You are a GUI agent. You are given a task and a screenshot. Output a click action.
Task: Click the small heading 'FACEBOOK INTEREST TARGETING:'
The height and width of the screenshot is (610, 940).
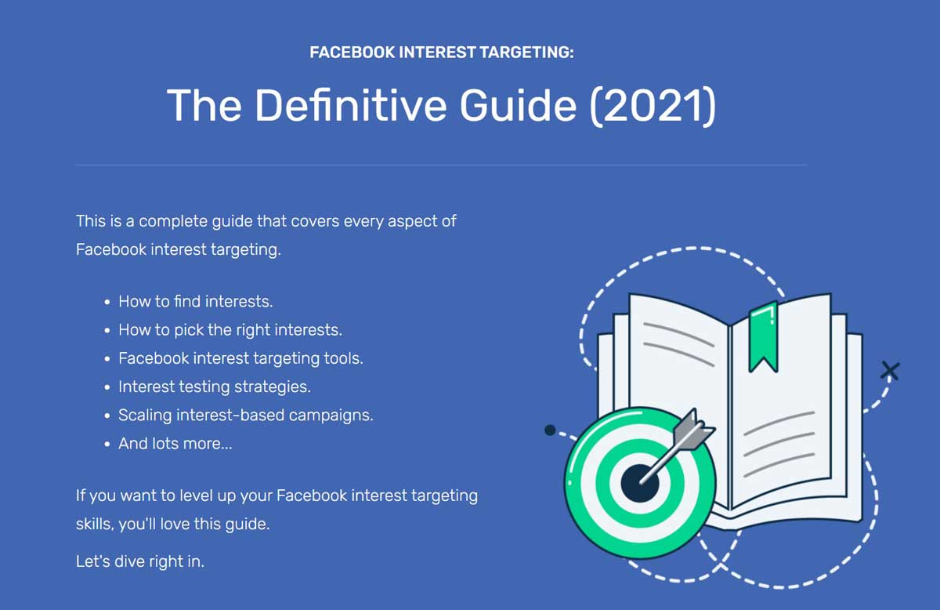click(x=442, y=53)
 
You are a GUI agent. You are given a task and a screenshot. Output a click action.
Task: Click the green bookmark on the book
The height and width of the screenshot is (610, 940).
click(x=762, y=336)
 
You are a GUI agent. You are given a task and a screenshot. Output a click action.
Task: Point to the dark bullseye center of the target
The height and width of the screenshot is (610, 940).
click(x=639, y=480)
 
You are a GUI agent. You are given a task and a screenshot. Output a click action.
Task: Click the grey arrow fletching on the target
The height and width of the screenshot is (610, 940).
click(x=696, y=430)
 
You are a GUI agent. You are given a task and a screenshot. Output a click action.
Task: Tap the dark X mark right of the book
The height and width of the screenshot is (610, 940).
click(x=890, y=370)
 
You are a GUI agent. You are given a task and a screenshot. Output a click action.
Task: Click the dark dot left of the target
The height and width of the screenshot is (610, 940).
click(x=550, y=430)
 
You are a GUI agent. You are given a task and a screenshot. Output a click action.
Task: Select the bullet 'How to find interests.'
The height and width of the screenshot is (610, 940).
click(x=195, y=301)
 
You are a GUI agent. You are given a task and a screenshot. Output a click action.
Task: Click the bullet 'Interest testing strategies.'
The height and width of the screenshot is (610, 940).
click(x=214, y=387)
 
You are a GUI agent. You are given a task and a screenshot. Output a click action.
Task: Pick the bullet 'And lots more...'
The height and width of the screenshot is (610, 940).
click(x=175, y=443)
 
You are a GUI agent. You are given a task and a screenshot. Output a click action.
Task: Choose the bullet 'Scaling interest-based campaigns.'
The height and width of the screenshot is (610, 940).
click(x=245, y=415)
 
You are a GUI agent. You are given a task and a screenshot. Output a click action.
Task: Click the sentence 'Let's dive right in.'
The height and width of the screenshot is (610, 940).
click(x=140, y=561)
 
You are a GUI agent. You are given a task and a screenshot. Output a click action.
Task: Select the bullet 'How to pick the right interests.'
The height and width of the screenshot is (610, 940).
click(x=230, y=329)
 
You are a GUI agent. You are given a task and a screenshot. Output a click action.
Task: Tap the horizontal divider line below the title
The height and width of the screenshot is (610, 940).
click(x=441, y=165)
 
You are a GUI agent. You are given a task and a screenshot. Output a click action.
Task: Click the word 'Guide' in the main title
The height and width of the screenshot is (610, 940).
click(x=518, y=105)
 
